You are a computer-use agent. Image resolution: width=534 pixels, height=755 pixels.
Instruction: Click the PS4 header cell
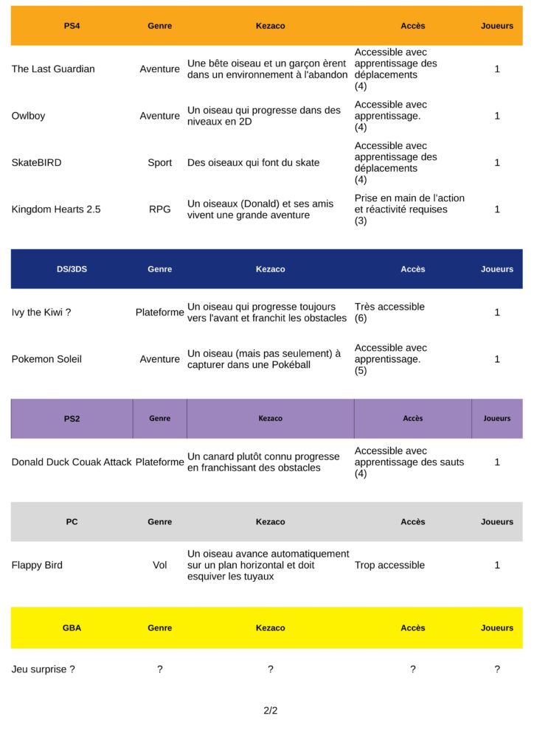[x=72, y=26]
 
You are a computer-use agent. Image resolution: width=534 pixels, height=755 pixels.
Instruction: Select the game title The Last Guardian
[x=53, y=69]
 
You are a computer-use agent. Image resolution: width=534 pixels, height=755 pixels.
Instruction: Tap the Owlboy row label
[x=28, y=116]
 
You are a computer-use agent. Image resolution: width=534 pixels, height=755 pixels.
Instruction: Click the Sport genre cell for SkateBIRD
[x=159, y=163]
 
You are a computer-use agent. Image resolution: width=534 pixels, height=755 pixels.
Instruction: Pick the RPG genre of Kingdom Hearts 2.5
[x=159, y=209]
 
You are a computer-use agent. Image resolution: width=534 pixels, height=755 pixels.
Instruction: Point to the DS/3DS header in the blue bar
[x=72, y=269]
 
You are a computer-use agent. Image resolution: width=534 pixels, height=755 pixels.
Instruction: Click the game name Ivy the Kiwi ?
[x=41, y=313]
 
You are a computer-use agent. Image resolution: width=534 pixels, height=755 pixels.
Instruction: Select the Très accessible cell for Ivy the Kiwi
[x=389, y=307]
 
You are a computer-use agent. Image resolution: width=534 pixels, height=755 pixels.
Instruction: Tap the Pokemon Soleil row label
[x=46, y=359]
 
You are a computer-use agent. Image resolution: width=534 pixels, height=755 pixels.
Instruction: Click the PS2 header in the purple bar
[x=72, y=419]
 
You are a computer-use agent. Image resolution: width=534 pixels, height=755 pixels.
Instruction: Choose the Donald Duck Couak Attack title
[x=72, y=462]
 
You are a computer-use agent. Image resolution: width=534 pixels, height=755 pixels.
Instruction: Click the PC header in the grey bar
[x=72, y=522]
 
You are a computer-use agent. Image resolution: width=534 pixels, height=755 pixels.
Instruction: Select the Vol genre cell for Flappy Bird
[x=159, y=566]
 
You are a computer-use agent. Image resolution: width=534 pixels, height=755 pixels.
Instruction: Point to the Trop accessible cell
[x=389, y=566]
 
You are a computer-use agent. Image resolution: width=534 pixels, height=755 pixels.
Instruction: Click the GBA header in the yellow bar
[x=72, y=628]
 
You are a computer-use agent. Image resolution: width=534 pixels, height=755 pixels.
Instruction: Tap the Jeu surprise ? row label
[x=43, y=669]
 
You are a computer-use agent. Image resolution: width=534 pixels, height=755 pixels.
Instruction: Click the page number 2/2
[x=271, y=711]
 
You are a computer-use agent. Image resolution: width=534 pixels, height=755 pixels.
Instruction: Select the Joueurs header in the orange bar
[x=497, y=26]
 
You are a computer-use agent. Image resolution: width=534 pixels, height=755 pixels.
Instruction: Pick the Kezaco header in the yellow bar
[x=270, y=628]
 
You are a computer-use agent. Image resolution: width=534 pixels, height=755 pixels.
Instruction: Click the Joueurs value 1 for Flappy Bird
[x=497, y=566]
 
